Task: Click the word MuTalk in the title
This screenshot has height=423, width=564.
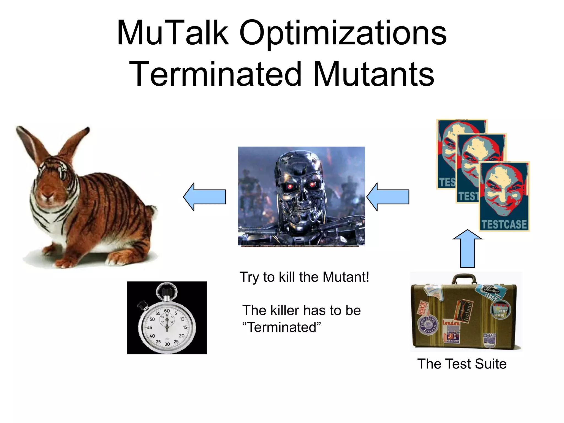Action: pyautogui.click(x=173, y=33)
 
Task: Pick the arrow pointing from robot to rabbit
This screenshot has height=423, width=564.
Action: pyautogui.click(x=205, y=197)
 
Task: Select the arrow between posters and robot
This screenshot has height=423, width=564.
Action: pyautogui.click(x=388, y=197)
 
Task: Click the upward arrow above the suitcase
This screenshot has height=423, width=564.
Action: pyautogui.click(x=467, y=248)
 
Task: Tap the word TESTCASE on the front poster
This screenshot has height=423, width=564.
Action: pyautogui.click(x=504, y=224)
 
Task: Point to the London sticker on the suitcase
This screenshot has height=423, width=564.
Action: pyautogui.click(x=451, y=323)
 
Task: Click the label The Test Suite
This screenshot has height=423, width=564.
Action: pyautogui.click(x=462, y=364)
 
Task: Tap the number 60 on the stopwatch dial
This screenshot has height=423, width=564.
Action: pyautogui.click(x=167, y=311)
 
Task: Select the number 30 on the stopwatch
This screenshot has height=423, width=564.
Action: pyautogui.click(x=167, y=344)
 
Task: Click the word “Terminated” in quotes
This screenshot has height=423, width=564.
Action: pyautogui.click(x=281, y=327)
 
